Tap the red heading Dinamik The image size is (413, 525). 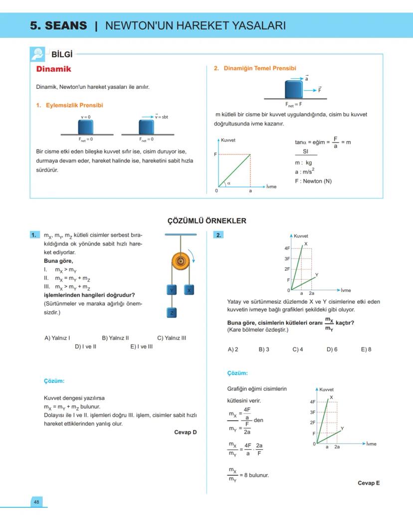[54, 69]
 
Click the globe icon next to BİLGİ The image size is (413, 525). [37, 53]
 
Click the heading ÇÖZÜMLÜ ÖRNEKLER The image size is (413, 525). [206, 221]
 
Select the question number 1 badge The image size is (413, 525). [34, 235]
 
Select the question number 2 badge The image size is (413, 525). [219, 235]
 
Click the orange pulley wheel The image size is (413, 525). [181, 261]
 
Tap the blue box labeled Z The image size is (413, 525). [171, 313]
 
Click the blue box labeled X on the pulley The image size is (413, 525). [189, 290]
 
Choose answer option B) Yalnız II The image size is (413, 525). [115, 338]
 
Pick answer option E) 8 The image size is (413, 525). [366, 350]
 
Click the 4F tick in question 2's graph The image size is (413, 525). [287, 248]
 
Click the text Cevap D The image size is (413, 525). [185, 432]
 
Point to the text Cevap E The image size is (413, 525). [369, 483]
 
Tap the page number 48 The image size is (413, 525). [36, 502]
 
